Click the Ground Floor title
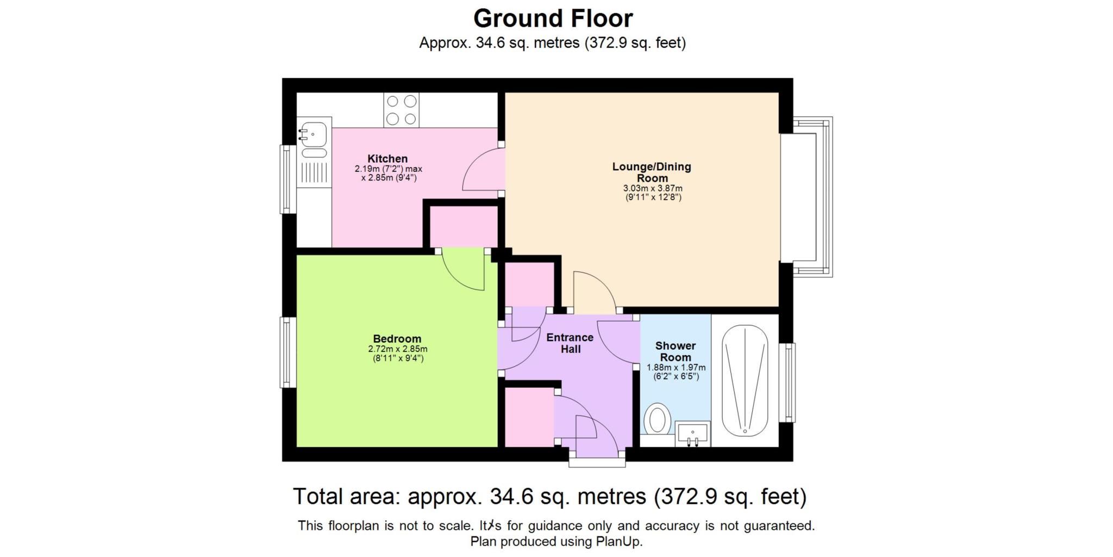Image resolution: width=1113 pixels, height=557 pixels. [553, 18]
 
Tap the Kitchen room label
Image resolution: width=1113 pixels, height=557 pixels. [387, 159]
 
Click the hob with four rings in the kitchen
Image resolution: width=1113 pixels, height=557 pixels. [401, 110]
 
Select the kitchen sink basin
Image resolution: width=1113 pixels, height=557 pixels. [314, 132]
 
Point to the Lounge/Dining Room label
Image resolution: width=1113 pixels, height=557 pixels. [652, 172]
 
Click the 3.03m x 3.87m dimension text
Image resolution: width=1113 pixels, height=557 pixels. [653, 188]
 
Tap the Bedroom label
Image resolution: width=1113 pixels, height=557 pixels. [397, 339]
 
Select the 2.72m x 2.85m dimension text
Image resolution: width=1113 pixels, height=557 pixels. [397, 349]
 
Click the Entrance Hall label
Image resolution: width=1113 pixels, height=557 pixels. [570, 343]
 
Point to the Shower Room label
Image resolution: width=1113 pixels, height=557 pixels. [675, 351]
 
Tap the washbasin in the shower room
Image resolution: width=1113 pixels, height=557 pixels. [692, 434]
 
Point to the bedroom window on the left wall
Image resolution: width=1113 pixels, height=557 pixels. [287, 352]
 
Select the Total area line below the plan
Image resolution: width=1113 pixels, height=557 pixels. [549, 497]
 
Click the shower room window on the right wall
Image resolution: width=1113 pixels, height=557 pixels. [787, 382]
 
